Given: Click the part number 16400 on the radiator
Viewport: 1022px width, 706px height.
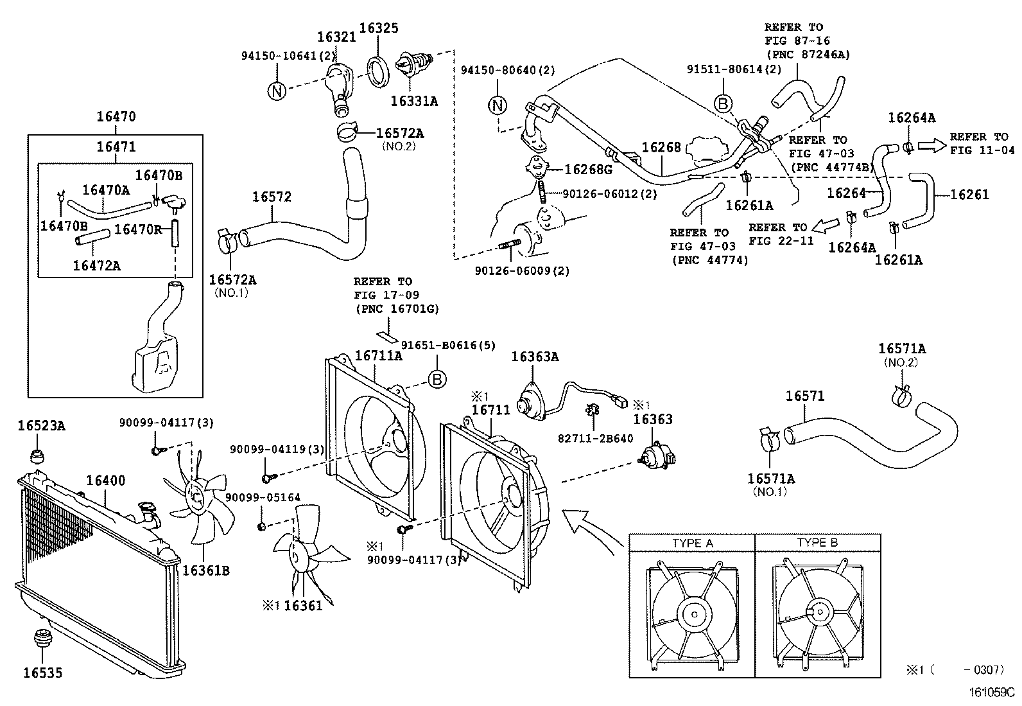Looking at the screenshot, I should click(106, 481).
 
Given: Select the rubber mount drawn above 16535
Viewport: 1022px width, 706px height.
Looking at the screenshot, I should click(42, 639).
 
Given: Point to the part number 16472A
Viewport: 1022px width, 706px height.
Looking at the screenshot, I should click(96, 265).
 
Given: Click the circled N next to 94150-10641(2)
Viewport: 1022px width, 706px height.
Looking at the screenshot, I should click(276, 91).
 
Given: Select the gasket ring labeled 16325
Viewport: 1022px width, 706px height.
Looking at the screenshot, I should click(377, 70).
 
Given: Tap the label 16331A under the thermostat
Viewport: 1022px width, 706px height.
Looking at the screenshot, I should click(414, 101).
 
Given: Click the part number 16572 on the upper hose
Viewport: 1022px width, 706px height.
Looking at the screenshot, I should click(271, 197).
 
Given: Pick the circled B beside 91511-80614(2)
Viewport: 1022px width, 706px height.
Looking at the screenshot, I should click(723, 103).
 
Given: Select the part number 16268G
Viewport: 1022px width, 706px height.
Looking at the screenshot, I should click(588, 170).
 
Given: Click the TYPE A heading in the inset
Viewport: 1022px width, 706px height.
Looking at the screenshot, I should click(692, 543).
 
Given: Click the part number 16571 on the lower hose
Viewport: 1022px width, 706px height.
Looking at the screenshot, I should click(804, 396).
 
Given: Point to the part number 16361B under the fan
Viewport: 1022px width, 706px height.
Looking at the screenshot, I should click(205, 570).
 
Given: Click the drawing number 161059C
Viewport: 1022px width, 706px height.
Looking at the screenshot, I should click(991, 693).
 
